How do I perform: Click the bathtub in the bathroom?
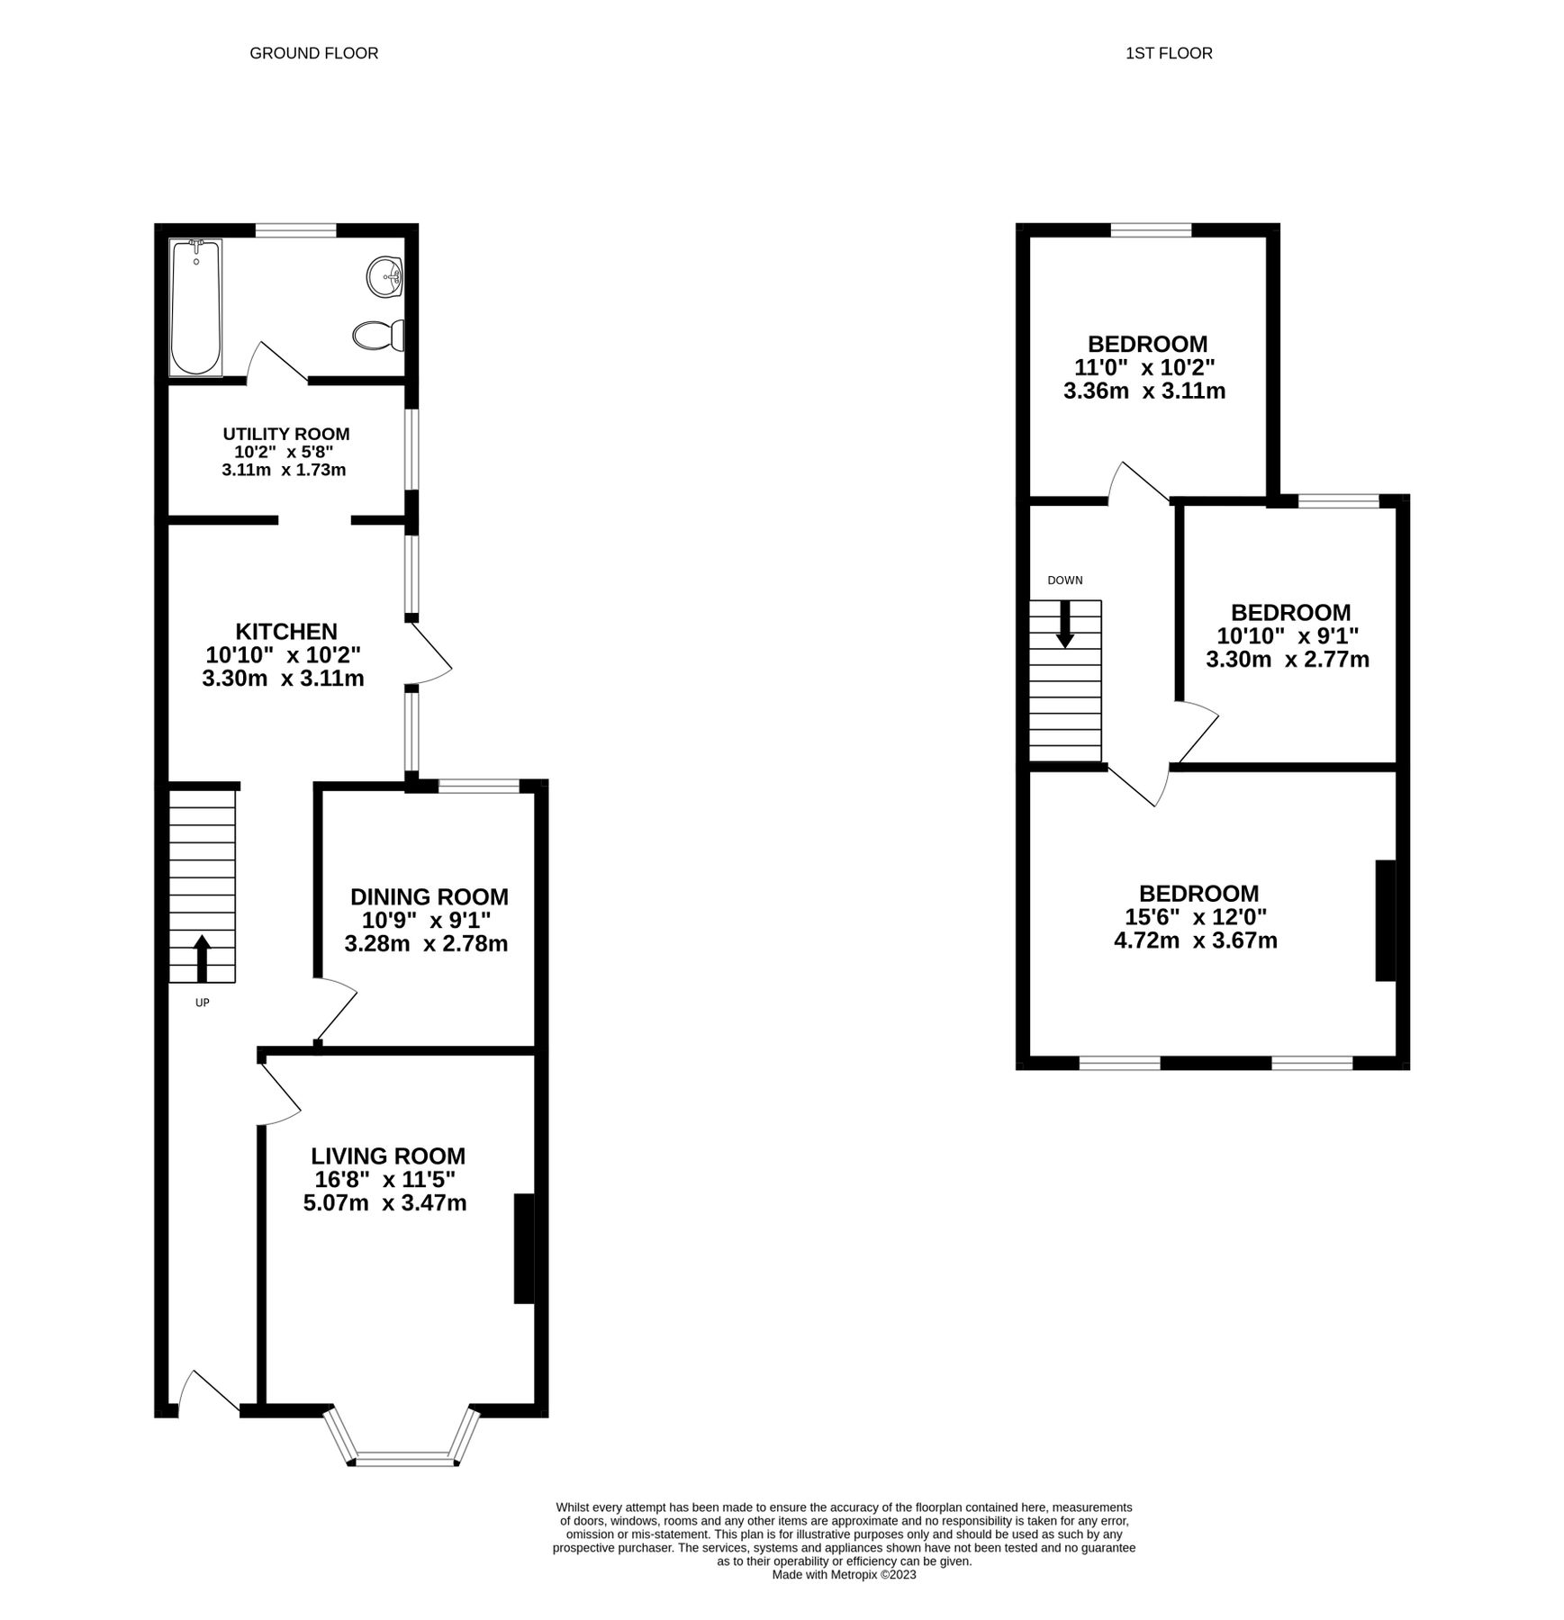[x=195, y=308]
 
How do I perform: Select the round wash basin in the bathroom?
[x=385, y=275]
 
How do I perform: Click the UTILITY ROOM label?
[x=286, y=434]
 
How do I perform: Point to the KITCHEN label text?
[x=286, y=631]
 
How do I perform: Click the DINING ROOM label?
[x=429, y=896]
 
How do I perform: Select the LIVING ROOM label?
[x=388, y=1156]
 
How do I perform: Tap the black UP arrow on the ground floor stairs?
[x=202, y=958]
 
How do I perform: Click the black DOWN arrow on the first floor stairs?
[x=1065, y=624]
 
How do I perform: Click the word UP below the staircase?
[x=202, y=1002]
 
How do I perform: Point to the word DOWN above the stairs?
[x=1065, y=580]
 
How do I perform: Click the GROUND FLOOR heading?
[x=313, y=53]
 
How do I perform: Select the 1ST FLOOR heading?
[x=1169, y=53]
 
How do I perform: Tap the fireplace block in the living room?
[x=524, y=1248]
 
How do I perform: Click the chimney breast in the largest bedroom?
[x=1385, y=920]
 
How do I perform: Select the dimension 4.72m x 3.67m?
[x=1196, y=941]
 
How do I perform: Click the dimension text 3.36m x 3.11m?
[x=1144, y=391]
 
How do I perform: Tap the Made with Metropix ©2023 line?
[x=844, y=1574]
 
